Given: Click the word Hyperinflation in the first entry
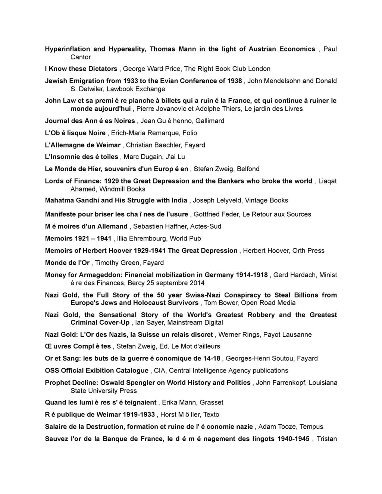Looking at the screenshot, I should click(x=68, y=49).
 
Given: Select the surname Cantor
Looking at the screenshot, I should click(x=81, y=57).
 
